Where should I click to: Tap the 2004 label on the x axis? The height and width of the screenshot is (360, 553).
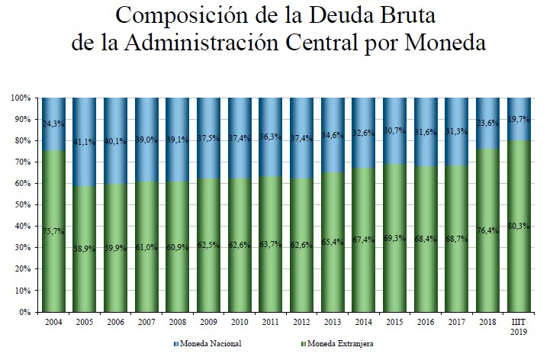(x=53, y=322)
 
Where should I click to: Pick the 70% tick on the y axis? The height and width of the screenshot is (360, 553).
(x=21, y=162)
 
